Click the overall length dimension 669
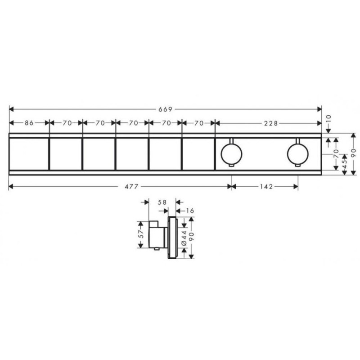click(x=165, y=109)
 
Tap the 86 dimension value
click(x=29, y=123)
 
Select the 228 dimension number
click(x=271, y=123)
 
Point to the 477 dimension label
click(x=131, y=186)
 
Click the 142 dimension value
click(x=266, y=186)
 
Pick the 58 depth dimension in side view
click(x=162, y=202)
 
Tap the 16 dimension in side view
click(x=189, y=211)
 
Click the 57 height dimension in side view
click(x=141, y=234)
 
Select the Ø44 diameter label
click(x=184, y=238)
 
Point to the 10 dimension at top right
click(x=328, y=119)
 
